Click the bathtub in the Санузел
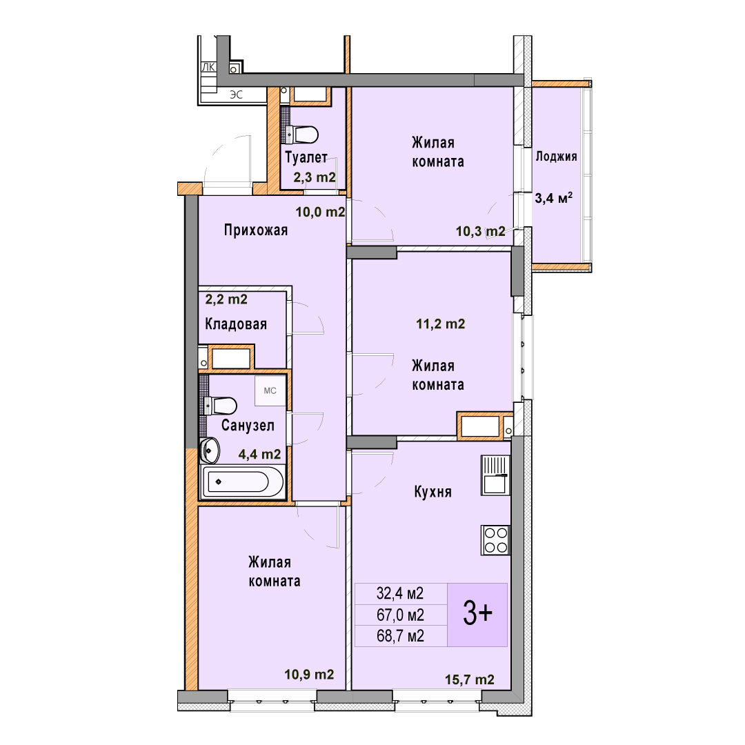point(242,481)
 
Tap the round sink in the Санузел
point(210,450)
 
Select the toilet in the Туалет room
point(303,135)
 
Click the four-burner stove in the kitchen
point(495,540)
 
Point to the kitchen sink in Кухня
point(495,475)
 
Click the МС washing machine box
point(270,390)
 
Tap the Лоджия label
point(557,157)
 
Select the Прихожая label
point(256,230)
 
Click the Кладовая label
point(236,324)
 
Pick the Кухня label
point(433,492)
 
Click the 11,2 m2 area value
point(440,324)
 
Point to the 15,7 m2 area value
point(470,680)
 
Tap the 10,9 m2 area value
point(309,674)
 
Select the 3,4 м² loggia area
point(554,198)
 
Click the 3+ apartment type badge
point(477,615)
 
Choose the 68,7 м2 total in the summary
point(401,636)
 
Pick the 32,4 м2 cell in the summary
point(400,593)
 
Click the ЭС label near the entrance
point(236,95)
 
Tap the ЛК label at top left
point(208,68)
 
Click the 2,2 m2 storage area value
point(226,299)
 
